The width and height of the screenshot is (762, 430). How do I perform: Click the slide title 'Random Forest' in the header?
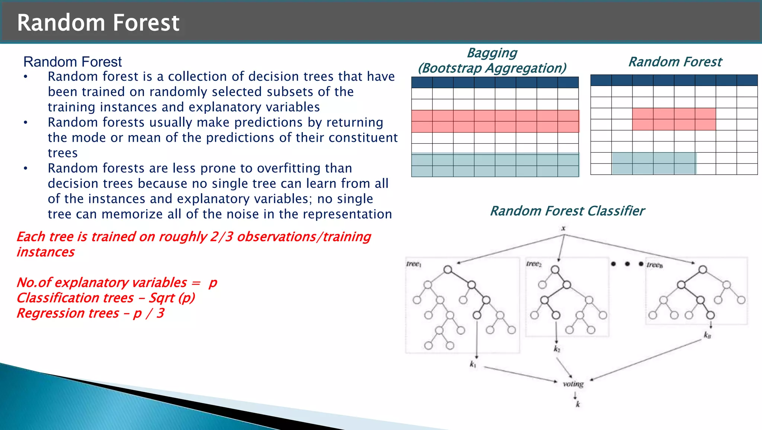(x=98, y=23)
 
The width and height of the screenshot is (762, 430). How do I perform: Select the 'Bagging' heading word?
(x=492, y=53)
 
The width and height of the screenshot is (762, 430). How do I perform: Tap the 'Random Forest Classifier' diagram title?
(x=567, y=211)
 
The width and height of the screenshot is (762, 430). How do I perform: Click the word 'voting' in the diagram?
(x=573, y=384)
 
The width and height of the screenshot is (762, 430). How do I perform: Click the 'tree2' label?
(x=534, y=264)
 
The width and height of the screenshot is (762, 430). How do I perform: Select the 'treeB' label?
(x=654, y=265)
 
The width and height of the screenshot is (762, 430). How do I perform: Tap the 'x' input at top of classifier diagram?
(x=563, y=228)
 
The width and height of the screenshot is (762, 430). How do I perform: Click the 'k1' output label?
(x=473, y=364)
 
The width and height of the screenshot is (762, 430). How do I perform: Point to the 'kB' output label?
(x=707, y=335)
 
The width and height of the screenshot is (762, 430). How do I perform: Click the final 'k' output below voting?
(x=578, y=404)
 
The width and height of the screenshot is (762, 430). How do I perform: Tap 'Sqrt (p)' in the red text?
(x=172, y=298)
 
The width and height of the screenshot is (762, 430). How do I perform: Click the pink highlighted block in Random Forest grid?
(x=674, y=119)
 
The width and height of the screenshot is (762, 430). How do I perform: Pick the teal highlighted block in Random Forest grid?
(x=654, y=163)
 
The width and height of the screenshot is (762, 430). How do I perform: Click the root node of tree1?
(x=448, y=270)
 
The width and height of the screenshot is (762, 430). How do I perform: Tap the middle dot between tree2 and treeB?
(x=627, y=264)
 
